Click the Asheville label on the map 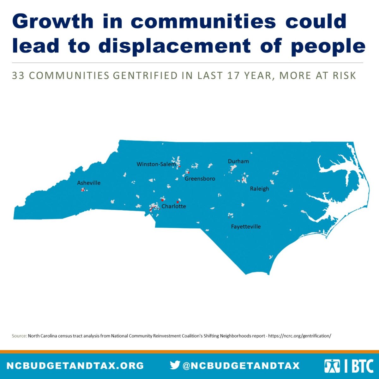89,183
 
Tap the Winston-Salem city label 156,164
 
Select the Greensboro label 200,179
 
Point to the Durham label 238,161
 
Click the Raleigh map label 260,189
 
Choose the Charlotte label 174,206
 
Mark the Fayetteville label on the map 246,227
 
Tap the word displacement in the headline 174,46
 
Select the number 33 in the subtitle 18,76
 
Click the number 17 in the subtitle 233,76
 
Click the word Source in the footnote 19,336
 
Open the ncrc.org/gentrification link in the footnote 299,336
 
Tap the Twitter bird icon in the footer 175,365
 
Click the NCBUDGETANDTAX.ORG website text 75,366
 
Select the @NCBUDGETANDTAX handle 241,366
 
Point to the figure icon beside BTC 332,366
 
